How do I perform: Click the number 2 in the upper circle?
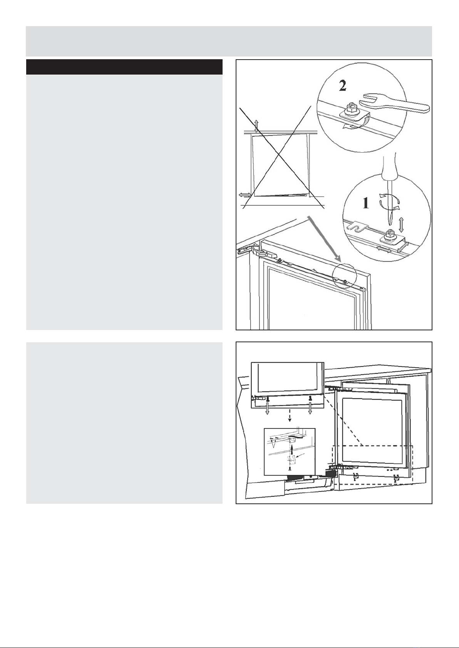342,85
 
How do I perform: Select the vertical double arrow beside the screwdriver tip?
401,225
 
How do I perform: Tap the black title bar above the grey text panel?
124,67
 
